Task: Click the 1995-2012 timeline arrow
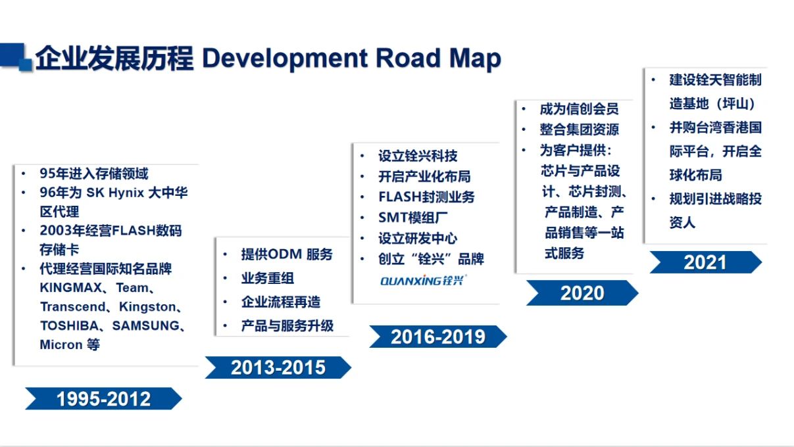tap(103, 398)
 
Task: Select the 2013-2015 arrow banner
tap(278, 367)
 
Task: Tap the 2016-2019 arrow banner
tap(438, 337)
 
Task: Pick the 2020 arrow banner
tap(582, 293)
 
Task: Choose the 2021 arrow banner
tap(705, 262)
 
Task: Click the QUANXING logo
tap(424, 281)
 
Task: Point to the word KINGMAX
tap(71, 288)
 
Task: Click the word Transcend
tap(72, 307)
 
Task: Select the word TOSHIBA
tap(69, 325)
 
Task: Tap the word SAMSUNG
tap(145, 325)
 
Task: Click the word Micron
tap(61, 344)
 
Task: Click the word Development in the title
tap(285, 58)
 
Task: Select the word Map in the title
tap(475, 58)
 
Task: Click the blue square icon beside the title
tap(16, 57)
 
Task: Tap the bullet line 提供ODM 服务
tap(287, 254)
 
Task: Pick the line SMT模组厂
tap(413, 218)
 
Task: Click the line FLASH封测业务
tap(426, 197)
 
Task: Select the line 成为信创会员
tap(579, 108)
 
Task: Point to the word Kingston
tap(147, 307)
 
